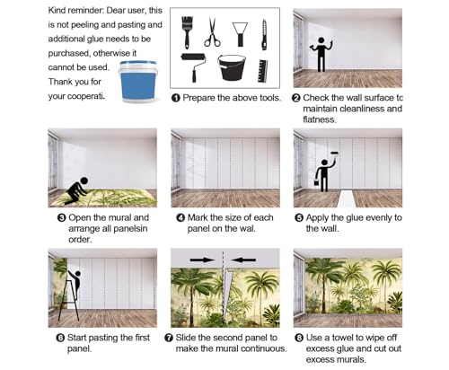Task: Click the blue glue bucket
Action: [138, 82]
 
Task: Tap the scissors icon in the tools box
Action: [212, 32]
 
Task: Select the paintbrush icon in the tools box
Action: [187, 32]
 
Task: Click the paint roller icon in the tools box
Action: [193, 67]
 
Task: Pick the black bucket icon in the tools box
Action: [232, 67]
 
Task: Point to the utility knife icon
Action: [264, 34]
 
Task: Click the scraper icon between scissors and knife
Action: [240, 34]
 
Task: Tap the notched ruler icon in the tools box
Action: [262, 71]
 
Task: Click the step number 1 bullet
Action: [176, 98]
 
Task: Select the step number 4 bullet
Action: [180, 217]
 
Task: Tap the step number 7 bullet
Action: [169, 338]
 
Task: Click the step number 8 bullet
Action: [299, 338]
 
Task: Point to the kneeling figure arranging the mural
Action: [76, 190]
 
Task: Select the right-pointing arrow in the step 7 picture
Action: [202, 260]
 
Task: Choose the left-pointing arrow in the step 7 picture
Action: [243, 260]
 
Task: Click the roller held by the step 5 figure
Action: [333, 154]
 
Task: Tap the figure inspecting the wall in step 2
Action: [321, 54]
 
